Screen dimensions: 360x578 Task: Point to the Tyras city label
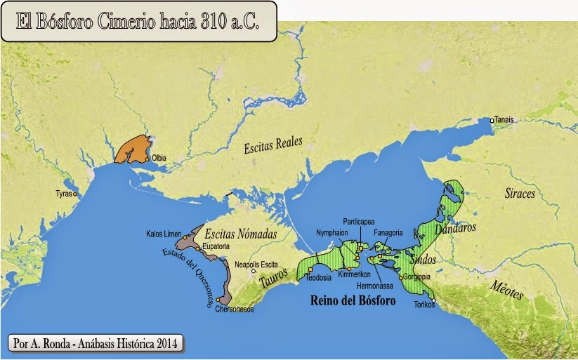tap(64, 193)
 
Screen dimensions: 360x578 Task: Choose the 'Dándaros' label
tap(456, 229)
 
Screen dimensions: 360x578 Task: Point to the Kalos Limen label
tap(164, 234)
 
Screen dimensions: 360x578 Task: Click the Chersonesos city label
tap(234, 309)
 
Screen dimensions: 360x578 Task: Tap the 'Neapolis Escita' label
tap(256, 265)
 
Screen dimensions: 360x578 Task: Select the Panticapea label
tap(362, 220)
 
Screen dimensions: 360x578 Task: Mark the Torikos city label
tap(424, 305)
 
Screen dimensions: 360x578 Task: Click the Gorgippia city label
tap(417, 276)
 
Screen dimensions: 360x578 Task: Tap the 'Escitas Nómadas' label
tap(240, 233)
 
